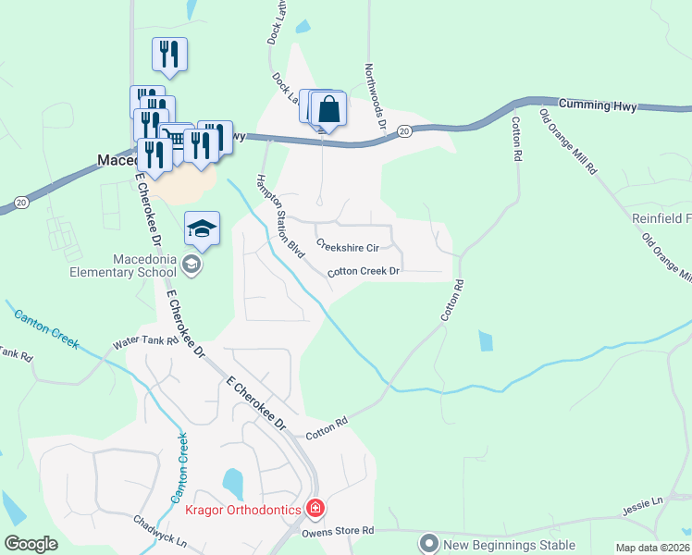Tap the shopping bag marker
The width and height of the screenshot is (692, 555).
[x=329, y=110]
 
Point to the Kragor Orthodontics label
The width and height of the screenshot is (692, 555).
[x=243, y=510]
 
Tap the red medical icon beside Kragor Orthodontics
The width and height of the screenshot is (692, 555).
[x=315, y=509]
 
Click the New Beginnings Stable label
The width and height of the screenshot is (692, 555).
[x=509, y=545]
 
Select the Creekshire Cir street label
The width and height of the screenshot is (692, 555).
[x=348, y=247]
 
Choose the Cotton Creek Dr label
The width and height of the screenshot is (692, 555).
[x=364, y=272]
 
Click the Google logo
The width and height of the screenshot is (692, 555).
[x=31, y=544]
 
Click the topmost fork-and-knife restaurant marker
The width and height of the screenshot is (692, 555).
[x=169, y=55]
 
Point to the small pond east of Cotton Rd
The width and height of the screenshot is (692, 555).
[x=486, y=340]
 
